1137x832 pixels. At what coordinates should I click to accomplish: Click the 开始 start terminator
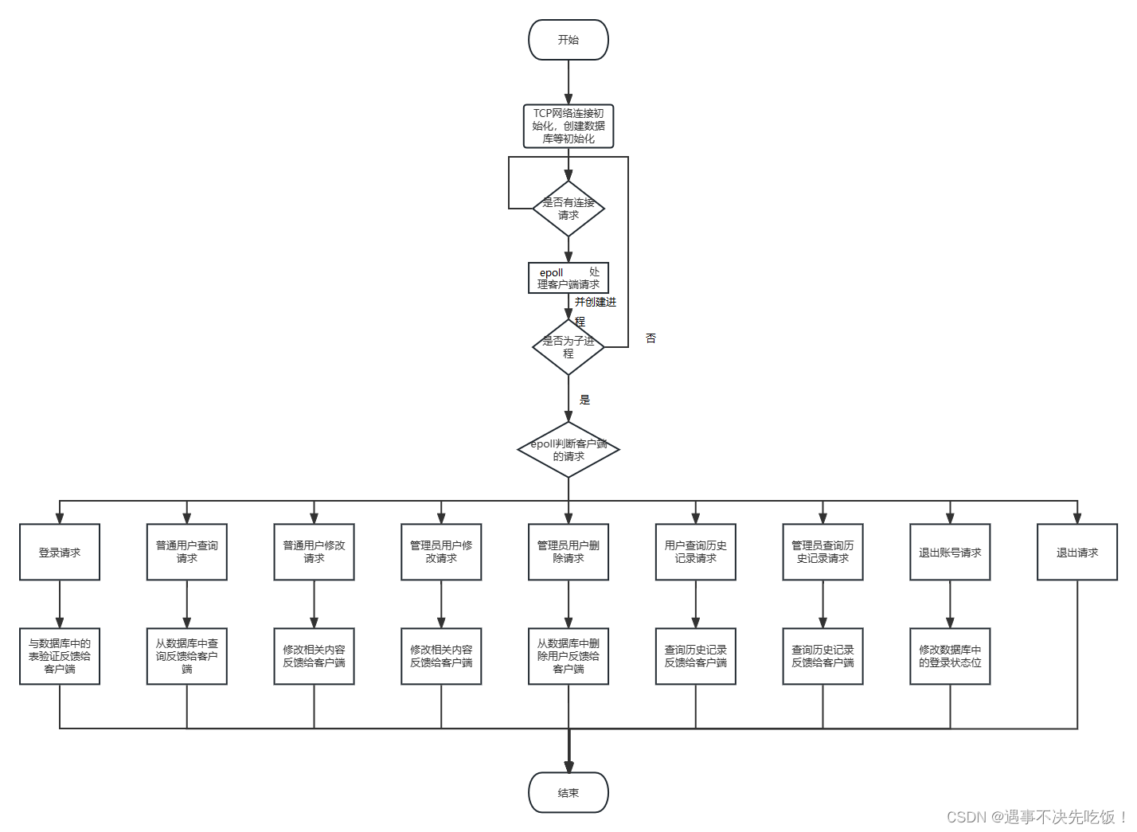[568, 40]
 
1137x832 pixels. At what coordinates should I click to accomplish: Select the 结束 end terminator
[568, 792]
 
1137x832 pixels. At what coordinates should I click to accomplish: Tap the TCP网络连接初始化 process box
[568, 126]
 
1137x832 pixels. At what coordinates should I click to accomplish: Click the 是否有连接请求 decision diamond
[568, 209]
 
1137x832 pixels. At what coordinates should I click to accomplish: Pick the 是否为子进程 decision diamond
[568, 347]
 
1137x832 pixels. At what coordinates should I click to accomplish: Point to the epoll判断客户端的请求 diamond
[568, 450]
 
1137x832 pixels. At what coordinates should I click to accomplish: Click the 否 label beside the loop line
[651, 338]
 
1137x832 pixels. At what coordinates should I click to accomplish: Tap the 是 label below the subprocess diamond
[584, 400]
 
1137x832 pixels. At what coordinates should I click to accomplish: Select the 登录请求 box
[60, 552]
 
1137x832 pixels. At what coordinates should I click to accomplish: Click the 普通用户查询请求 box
[187, 552]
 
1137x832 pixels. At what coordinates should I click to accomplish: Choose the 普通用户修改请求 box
[314, 552]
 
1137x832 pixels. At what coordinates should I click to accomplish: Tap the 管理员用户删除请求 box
[568, 552]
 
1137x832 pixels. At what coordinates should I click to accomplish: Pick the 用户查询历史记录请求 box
[695, 552]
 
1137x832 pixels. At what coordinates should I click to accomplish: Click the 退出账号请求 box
[950, 552]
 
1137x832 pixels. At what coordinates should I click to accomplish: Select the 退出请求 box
[1076, 552]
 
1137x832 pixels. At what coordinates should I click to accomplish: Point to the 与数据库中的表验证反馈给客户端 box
[60, 656]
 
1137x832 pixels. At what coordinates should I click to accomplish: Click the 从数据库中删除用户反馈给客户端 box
[568, 656]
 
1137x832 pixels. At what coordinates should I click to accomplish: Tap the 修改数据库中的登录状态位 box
[950, 656]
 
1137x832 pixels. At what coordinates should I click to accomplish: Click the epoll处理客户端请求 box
[568, 278]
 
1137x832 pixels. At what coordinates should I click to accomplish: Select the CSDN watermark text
[1036, 817]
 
